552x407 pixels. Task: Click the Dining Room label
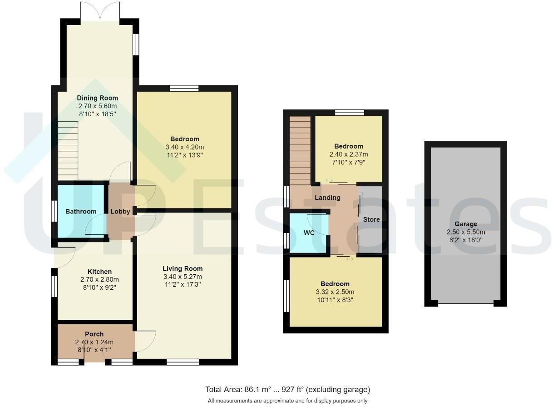pos(97,98)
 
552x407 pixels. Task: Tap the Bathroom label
pos(81,211)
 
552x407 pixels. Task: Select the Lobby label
pos(120,211)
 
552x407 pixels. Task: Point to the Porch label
pos(94,334)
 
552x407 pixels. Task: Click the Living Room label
pos(182,268)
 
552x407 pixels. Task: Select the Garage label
pos(466,224)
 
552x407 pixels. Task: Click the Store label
pos(371,219)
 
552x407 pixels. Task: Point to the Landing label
pos(327,198)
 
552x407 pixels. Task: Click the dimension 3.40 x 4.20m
pos(185,147)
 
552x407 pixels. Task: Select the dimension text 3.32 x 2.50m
pos(335,292)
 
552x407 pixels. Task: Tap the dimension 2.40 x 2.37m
pos(349,154)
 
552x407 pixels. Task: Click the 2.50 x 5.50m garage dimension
pos(466,232)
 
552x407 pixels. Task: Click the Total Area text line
pos(287,389)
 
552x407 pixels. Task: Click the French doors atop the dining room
pos(100,11)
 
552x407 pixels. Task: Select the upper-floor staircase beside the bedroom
pos(300,150)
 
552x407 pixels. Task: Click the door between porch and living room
pos(145,341)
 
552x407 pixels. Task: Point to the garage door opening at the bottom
pos(466,303)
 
